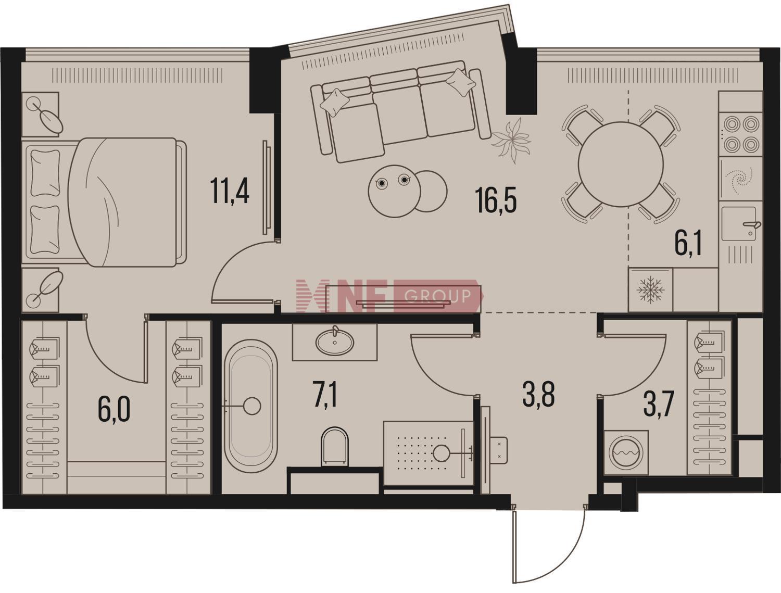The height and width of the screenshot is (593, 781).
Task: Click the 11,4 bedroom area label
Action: pyautogui.click(x=230, y=191)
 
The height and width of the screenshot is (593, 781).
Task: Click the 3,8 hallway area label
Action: pyautogui.click(x=539, y=394)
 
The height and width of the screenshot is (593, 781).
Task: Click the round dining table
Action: pyautogui.click(x=621, y=165)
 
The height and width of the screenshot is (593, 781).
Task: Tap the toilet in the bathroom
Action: pyautogui.click(x=334, y=446)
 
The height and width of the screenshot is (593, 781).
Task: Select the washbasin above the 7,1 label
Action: pyautogui.click(x=334, y=342)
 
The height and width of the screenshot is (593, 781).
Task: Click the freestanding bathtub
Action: pyautogui.click(x=252, y=406)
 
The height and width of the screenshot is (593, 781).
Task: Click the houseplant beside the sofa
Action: pyautogui.click(x=511, y=141)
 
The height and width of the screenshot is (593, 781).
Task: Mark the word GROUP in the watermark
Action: pyautogui.click(x=437, y=296)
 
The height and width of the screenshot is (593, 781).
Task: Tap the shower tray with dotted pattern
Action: pyautogui.click(x=429, y=453)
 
